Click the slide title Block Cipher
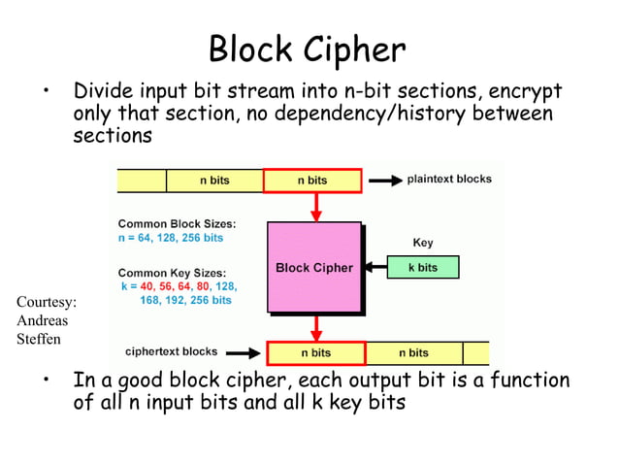coord(308,48)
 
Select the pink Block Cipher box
coord(313,267)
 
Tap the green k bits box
coord(422,267)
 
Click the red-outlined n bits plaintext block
coord(312,181)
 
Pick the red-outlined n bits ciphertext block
coord(315,352)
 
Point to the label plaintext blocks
coord(448,180)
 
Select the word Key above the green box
coord(423,243)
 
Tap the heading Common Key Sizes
coord(172,273)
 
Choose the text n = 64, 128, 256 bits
coord(170,238)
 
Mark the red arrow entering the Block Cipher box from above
coord(315,207)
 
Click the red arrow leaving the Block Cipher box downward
coord(315,327)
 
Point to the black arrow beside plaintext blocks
coord(384,181)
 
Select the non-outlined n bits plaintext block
coord(214,181)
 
